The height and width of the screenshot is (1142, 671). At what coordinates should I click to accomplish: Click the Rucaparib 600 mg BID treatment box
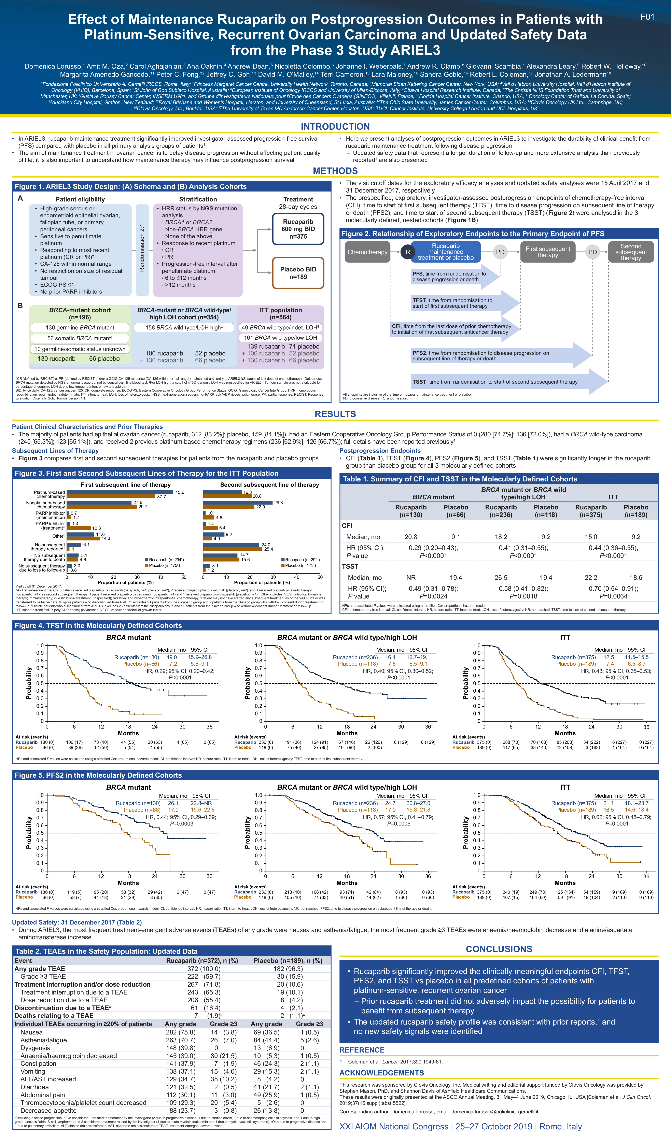[298, 229]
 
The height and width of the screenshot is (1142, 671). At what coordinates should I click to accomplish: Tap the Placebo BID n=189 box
[298, 273]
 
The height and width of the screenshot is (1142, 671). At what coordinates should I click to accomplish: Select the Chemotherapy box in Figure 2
[367, 252]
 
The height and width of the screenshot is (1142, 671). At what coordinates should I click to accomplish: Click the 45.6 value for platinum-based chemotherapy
[180, 492]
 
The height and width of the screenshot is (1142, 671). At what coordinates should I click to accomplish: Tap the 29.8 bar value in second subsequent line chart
[278, 503]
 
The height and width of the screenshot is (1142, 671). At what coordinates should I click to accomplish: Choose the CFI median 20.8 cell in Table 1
[411, 537]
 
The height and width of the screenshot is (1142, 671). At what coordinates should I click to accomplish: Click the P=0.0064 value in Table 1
[613, 596]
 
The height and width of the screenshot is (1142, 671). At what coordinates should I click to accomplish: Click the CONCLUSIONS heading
[499, 949]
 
